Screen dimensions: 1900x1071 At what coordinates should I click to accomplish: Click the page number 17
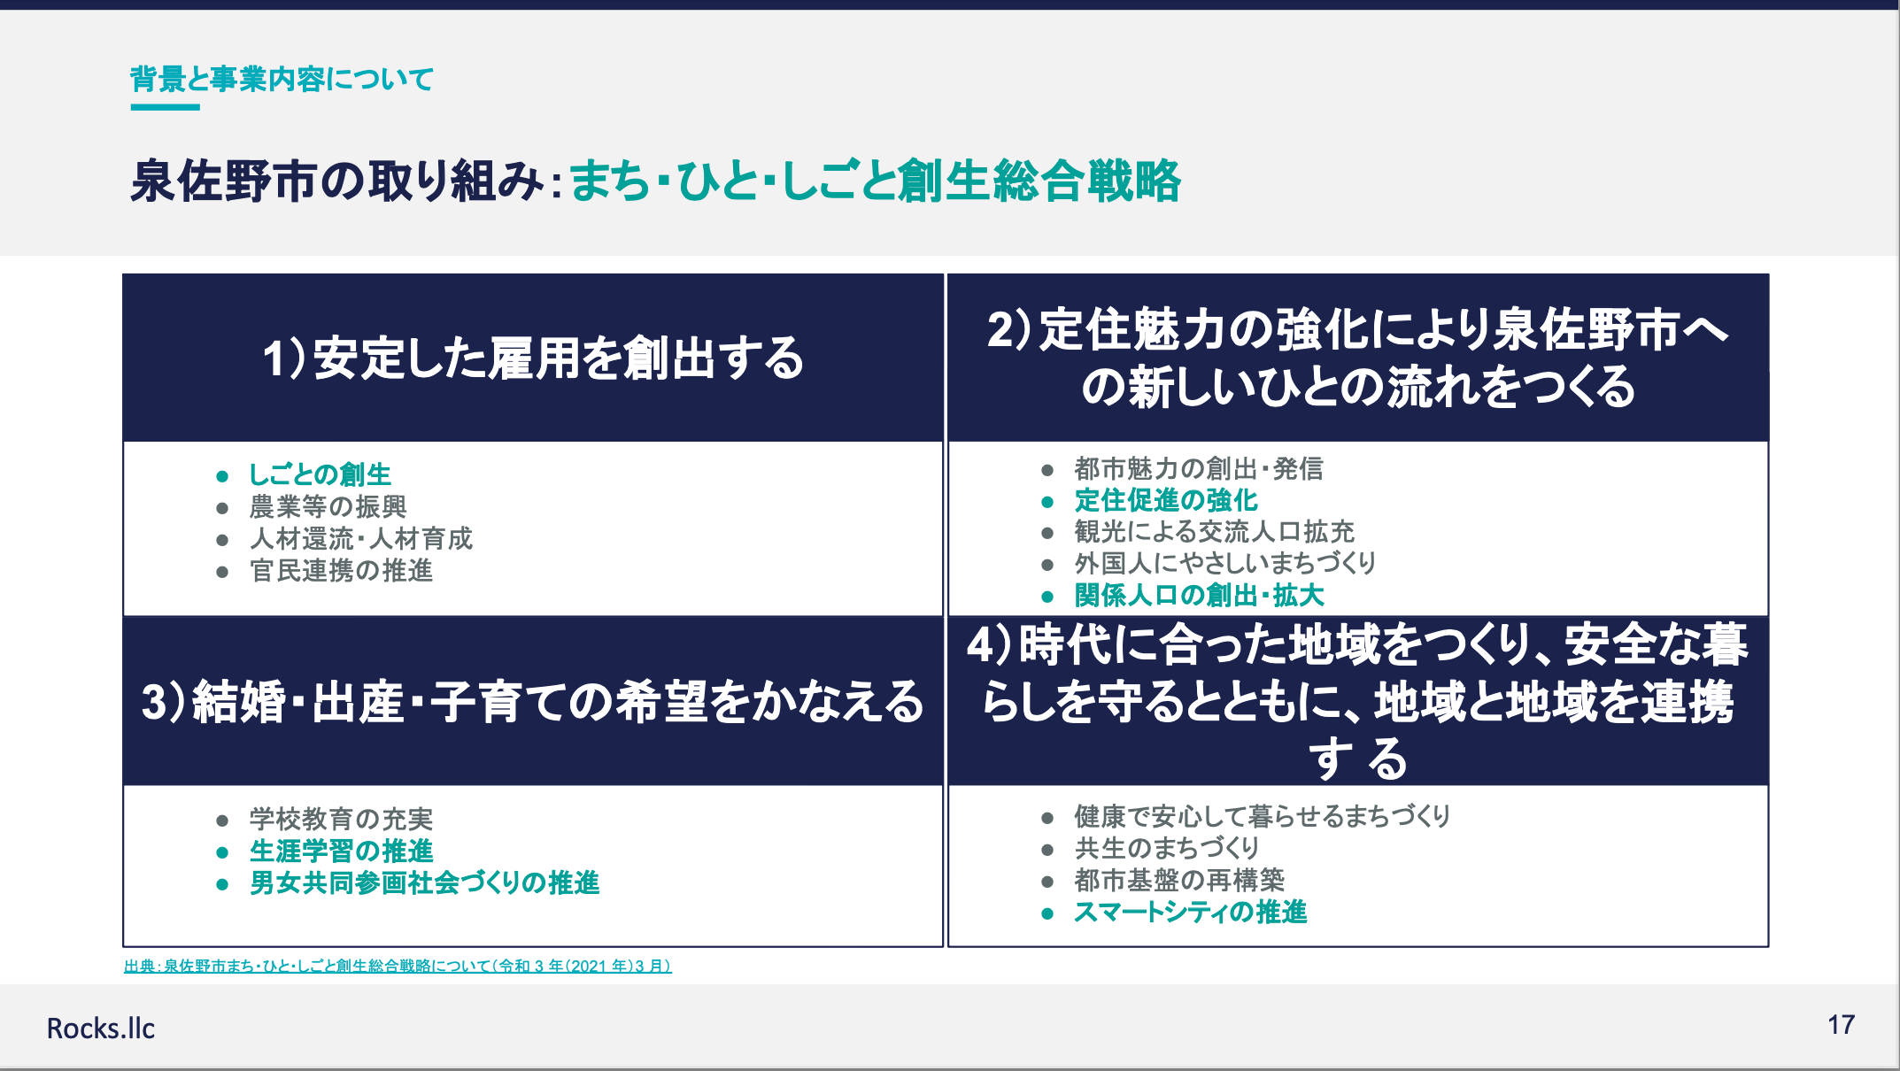click(x=1841, y=1025)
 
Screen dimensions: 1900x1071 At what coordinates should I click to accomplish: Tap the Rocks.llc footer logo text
click(x=101, y=1029)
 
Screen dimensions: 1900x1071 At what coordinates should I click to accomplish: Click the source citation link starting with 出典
click(x=398, y=966)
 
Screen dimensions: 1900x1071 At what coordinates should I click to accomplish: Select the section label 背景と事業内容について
click(x=282, y=80)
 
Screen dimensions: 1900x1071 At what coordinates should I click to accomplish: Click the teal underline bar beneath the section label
click(x=166, y=107)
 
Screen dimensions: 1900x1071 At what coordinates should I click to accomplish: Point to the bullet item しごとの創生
click(x=320, y=474)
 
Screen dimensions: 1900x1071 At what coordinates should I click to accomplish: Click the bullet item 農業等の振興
click(x=328, y=506)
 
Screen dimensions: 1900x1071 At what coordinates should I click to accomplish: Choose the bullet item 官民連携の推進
click(x=341, y=570)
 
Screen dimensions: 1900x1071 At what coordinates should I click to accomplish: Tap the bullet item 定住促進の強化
click(x=1166, y=500)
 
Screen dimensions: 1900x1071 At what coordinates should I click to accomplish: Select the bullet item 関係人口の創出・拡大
click(x=1199, y=596)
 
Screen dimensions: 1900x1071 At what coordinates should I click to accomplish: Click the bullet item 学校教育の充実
click(x=341, y=819)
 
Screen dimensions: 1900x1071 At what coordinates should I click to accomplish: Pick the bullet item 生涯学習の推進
click(x=341, y=851)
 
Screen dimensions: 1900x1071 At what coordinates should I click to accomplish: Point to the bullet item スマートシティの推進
click(x=1190, y=912)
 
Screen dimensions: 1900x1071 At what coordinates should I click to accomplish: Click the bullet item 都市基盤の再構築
click(x=1179, y=880)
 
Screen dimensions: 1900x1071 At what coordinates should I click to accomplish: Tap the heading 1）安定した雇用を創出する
click(x=533, y=358)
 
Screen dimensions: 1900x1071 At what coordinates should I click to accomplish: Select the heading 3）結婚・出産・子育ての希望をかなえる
click(x=533, y=702)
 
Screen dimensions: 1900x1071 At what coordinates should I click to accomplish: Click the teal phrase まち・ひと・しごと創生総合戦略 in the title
click(x=875, y=181)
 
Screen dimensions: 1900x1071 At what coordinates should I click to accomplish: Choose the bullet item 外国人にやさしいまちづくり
click(x=1225, y=563)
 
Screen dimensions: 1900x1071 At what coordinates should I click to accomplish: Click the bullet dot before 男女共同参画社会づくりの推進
click(x=222, y=884)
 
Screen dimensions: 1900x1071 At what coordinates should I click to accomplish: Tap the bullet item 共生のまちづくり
click(x=1166, y=848)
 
